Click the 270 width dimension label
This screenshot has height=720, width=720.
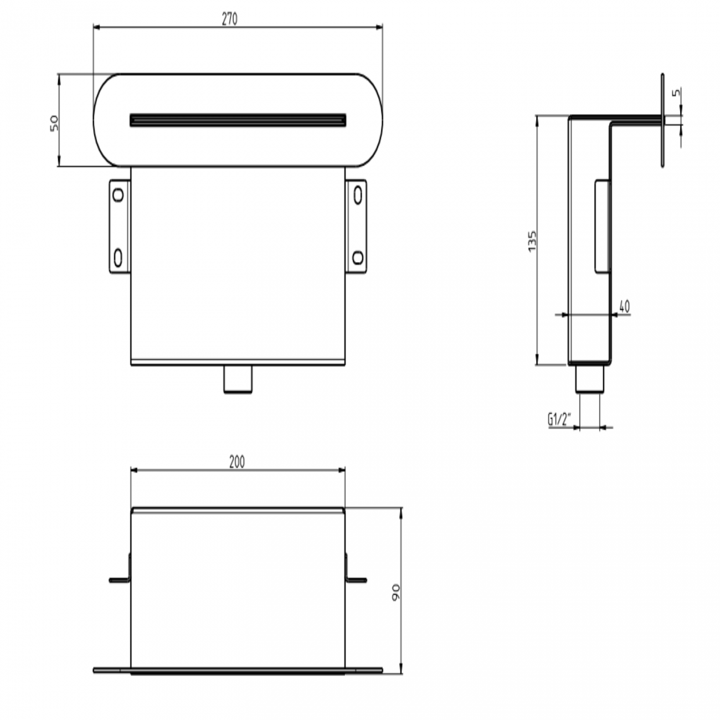click(x=229, y=19)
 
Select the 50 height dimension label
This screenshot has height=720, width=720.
click(x=54, y=122)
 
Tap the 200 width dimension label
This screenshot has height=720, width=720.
click(x=236, y=462)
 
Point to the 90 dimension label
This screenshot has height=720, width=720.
click(x=395, y=592)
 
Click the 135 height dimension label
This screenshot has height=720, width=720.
click(x=532, y=241)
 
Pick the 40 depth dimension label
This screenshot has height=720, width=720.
click(x=624, y=306)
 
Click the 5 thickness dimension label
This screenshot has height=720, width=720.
click(x=676, y=93)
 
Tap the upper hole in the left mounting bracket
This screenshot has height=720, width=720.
click(x=118, y=194)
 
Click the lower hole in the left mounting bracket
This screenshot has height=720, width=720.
click(x=118, y=257)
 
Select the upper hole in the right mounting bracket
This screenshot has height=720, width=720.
click(x=358, y=194)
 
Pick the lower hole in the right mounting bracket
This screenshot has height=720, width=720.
click(x=358, y=257)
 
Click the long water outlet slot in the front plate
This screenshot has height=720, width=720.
click(x=238, y=120)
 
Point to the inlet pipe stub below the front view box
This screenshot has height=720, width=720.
click(x=238, y=380)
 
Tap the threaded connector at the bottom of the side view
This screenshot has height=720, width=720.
click(x=589, y=380)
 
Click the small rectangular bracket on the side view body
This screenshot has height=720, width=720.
click(x=603, y=226)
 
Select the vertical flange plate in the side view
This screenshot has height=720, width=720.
click(x=661, y=120)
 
